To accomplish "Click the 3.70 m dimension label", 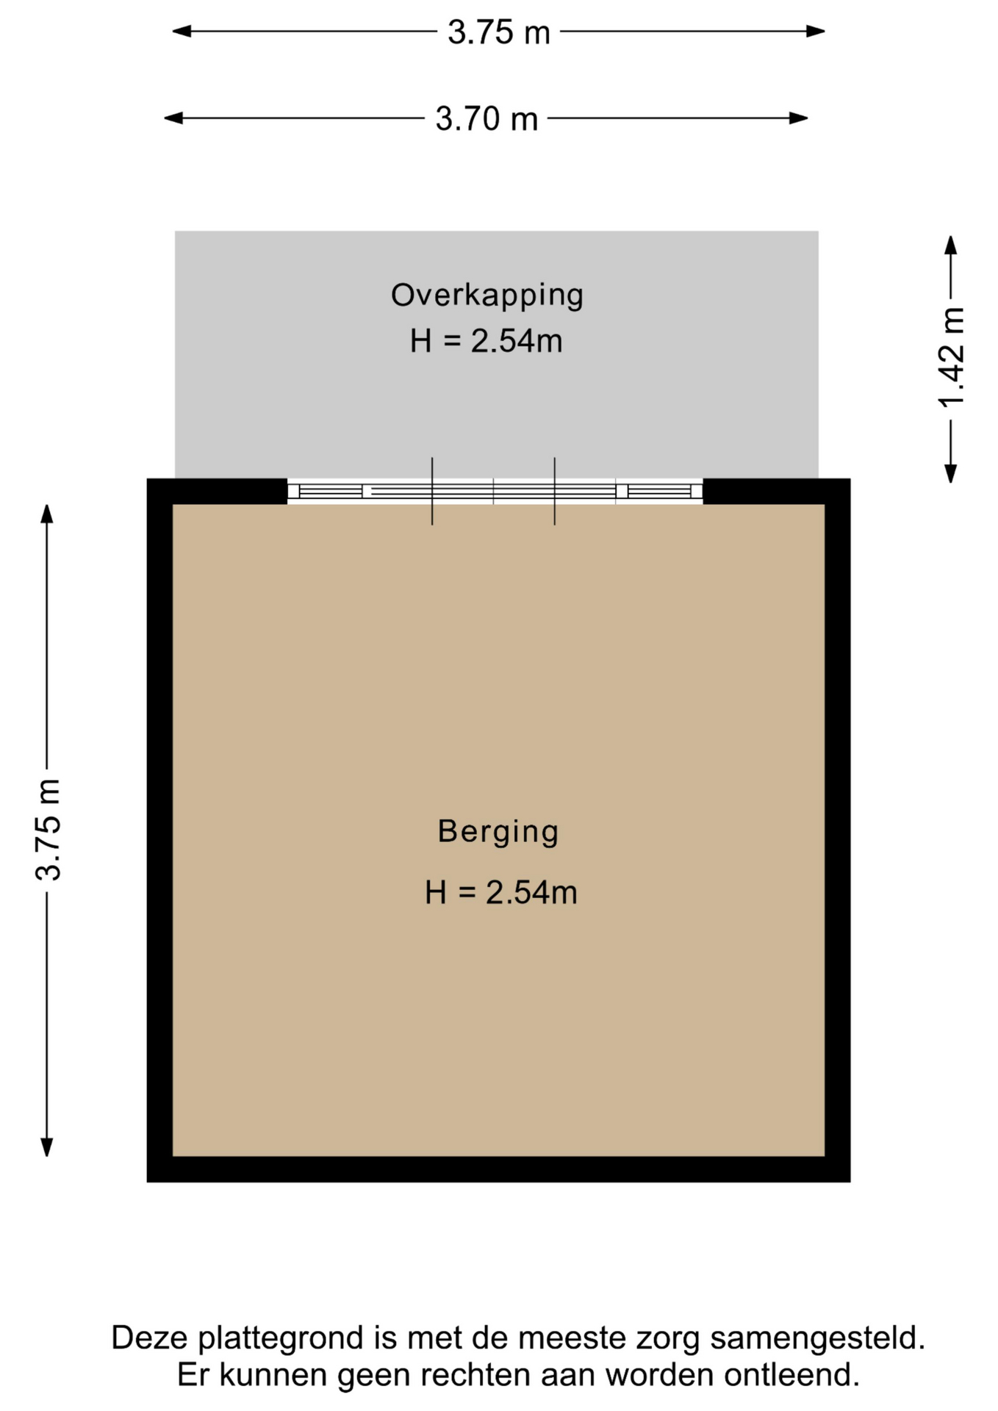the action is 487,119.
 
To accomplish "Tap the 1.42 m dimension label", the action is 951,357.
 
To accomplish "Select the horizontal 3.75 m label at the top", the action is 499,32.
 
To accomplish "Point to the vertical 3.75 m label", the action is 49,830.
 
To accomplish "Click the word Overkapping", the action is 487,295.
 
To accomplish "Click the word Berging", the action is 498,832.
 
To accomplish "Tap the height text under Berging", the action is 501,892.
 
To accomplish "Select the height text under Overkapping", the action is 487,341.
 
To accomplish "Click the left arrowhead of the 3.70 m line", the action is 173,118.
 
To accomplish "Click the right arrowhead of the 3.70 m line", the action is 799,118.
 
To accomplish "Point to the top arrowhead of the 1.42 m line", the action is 951,245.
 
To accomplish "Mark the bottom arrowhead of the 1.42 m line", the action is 951,473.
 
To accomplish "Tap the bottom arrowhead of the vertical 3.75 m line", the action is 47,1147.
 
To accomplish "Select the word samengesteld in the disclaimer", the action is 817,1338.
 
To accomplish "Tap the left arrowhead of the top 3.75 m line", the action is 182,31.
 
